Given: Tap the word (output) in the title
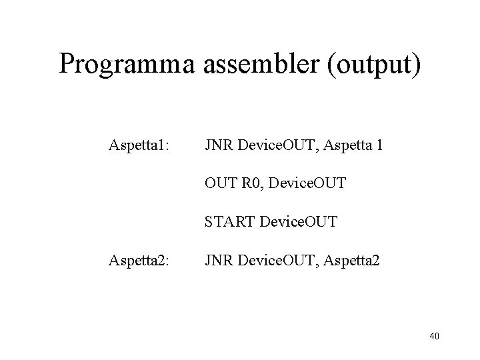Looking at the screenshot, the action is (377, 64).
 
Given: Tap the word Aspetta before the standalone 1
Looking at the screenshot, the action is (349, 145).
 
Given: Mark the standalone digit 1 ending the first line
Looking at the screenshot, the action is (379, 145).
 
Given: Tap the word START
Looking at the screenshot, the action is (228, 220).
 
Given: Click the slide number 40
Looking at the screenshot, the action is (435, 337).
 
